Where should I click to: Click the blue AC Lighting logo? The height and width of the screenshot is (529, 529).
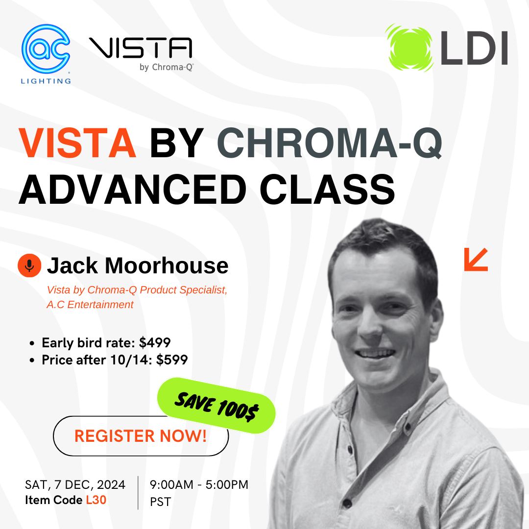(x=46, y=54)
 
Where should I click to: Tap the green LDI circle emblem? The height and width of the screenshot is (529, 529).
(x=409, y=48)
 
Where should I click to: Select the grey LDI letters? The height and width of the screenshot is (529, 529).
(x=474, y=48)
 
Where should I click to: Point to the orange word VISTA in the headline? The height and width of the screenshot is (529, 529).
(x=77, y=143)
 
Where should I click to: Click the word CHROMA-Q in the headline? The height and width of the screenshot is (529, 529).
(x=329, y=143)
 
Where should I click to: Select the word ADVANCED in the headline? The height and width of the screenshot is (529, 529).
(x=133, y=189)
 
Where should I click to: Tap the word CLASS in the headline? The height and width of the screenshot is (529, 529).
(x=327, y=189)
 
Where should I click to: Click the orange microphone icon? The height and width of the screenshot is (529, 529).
(x=29, y=265)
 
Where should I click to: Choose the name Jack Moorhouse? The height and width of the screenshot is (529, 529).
(x=138, y=265)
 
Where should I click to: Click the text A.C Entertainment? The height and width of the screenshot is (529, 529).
(x=90, y=305)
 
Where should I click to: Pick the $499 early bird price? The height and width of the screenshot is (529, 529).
(x=155, y=343)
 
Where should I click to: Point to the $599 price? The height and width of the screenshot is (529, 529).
(x=172, y=360)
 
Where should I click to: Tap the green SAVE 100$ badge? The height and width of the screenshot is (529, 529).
(x=216, y=405)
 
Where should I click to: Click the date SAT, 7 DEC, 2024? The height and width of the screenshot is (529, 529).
(x=75, y=485)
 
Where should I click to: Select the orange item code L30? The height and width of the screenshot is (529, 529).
(x=96, y=500)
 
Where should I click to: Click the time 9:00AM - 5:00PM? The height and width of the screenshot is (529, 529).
(x=199, y=485)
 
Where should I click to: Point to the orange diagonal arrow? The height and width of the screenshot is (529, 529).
(x=476, y=260)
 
